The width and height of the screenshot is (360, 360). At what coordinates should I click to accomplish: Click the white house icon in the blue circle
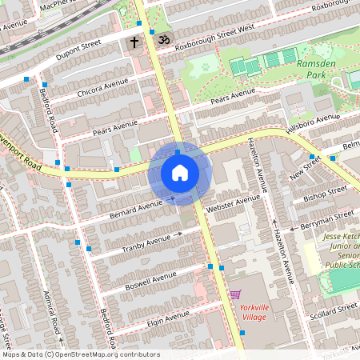180,172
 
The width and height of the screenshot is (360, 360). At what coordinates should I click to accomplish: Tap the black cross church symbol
134,41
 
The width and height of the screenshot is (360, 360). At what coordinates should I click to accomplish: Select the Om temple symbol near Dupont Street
165,38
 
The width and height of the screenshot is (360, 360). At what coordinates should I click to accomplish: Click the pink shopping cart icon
234,294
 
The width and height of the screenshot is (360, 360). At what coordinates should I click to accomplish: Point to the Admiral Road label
54,320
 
